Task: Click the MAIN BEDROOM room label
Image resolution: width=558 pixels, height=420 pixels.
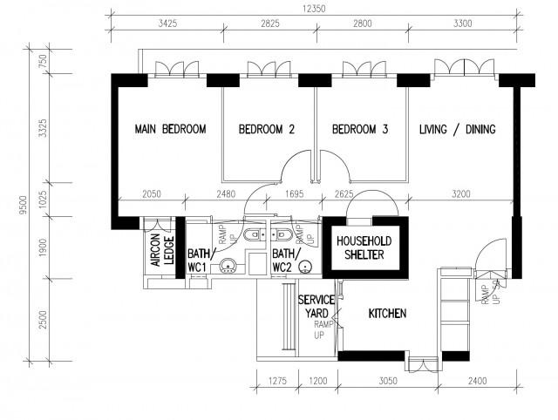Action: coord(170,130)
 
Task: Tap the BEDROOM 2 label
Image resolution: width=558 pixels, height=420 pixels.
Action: coord(267,130)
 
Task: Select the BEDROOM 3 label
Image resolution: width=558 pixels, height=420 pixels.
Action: coord(359,130)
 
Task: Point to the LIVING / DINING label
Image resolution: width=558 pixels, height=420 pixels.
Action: coord(457,130)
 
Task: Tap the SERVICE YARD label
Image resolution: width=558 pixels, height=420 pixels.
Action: coord(316,307)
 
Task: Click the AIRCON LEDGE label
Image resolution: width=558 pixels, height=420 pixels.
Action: coord(160,252)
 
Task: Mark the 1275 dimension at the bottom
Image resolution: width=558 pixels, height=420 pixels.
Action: coord(277,382)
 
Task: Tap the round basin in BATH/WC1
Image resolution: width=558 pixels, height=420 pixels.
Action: coord(226,268)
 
